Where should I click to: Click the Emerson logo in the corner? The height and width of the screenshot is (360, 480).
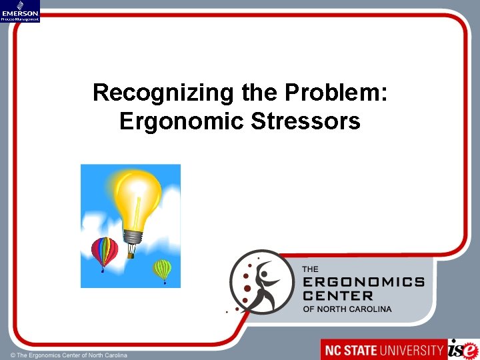[20, 11]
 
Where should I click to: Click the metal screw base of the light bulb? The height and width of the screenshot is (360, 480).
[134, 237]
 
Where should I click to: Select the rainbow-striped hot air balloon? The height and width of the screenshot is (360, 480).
[104, 251]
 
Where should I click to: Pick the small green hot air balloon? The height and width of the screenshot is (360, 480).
[162, 269]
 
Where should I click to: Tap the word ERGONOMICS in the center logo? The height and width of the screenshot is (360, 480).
[363, 282]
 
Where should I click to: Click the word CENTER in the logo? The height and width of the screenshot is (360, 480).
[338, 295]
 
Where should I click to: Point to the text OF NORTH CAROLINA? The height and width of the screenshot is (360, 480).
[347, 309]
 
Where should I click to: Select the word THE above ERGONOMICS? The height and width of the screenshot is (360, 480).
[311, 269]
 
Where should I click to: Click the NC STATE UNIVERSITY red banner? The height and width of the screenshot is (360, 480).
[383, 349]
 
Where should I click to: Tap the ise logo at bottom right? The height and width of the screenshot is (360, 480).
[463, 349]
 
